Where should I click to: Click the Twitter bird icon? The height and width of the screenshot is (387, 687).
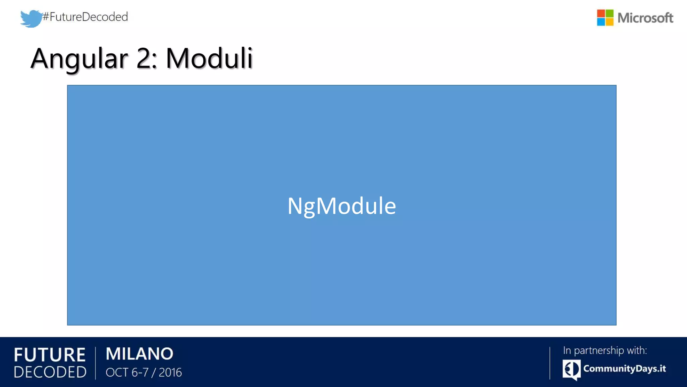31,18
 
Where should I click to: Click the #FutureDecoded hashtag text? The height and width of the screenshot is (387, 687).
86,17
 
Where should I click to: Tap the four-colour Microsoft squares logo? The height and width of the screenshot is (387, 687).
605,17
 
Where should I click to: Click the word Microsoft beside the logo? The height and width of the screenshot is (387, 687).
645,18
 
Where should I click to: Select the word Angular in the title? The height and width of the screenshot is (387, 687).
79,59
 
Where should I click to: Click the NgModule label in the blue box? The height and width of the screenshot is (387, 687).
341,206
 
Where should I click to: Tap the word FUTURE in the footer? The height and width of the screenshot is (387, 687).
50,355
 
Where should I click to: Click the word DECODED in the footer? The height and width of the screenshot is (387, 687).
50,372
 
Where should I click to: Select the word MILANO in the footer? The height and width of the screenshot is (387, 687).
140,354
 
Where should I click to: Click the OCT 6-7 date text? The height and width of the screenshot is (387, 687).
127,373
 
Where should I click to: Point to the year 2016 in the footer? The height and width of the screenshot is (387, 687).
170,373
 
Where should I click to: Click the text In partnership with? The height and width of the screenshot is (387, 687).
605,350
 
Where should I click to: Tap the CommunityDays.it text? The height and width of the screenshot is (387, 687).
624,369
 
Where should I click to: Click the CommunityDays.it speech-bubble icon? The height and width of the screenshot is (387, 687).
571,370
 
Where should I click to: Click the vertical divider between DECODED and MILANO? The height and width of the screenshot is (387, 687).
96,363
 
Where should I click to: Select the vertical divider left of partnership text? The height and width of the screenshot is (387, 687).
550,363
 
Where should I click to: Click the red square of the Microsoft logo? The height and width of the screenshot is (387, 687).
601,13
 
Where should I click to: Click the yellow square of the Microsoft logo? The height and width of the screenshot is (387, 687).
610,22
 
